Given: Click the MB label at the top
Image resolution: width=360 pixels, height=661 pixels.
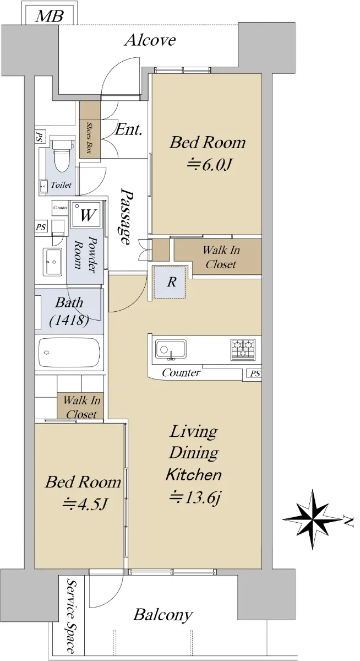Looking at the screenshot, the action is [50, 16].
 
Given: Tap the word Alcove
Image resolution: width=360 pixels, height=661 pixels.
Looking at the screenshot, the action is [150, 40].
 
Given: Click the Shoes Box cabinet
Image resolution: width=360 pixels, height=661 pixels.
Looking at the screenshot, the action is [90, 130].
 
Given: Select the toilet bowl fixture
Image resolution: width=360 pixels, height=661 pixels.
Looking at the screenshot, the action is [62, 155].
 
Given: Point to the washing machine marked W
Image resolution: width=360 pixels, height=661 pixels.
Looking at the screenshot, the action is [86, 215].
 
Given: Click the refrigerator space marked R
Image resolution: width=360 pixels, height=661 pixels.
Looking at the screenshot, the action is [170, 282].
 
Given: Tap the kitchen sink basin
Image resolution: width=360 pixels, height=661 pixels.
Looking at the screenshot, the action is [171, 350].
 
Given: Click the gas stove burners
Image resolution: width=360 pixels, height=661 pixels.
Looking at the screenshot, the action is [243, 349].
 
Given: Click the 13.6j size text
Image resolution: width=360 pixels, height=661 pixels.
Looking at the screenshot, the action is [195, 497].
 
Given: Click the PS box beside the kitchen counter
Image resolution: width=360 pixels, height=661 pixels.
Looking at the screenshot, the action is [254, 373].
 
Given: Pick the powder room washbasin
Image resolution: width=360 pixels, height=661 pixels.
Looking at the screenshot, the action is [53, 262].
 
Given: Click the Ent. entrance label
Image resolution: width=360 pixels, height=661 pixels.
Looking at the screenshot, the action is [129, 129].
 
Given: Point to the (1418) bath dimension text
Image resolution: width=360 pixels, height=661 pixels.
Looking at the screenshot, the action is [69, 320].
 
